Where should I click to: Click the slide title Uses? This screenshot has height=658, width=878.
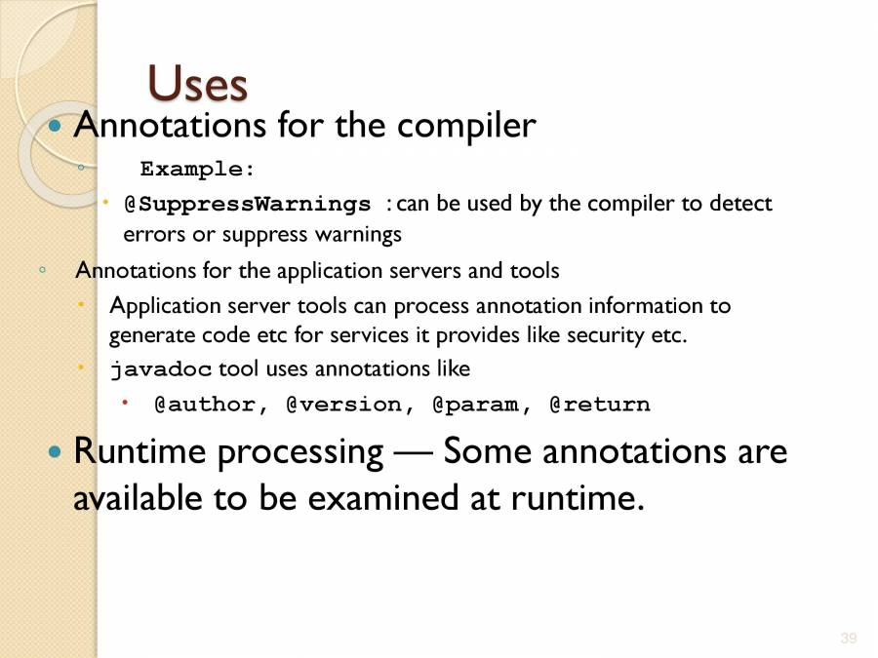coord(197,84)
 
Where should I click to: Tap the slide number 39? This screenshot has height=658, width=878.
coord(848,639)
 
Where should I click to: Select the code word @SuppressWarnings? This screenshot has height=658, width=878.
coord(248,205)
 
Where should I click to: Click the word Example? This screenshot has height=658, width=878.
coord(198,169)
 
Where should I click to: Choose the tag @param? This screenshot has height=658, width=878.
coord(475,405)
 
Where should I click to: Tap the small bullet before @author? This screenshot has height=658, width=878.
coord(125,402)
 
